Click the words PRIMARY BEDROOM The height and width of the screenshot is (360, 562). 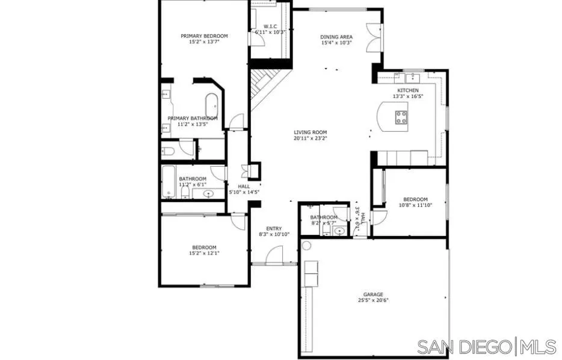[204, 36]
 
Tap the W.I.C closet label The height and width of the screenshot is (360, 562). [269, 26]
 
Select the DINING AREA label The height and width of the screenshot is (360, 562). [336, 37]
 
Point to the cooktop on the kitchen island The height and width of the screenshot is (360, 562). [401, 116]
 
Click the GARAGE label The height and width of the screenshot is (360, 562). [372, 294]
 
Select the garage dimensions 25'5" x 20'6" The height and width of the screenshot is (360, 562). [372, 300]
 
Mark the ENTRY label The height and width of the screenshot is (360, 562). [274, 228]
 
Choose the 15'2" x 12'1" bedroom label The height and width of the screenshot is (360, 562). [204, 253]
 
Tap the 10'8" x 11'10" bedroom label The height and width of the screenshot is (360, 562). [415, 205]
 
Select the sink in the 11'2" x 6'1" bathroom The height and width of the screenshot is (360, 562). [209, 194]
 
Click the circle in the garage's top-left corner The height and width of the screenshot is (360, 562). [306, 246]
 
